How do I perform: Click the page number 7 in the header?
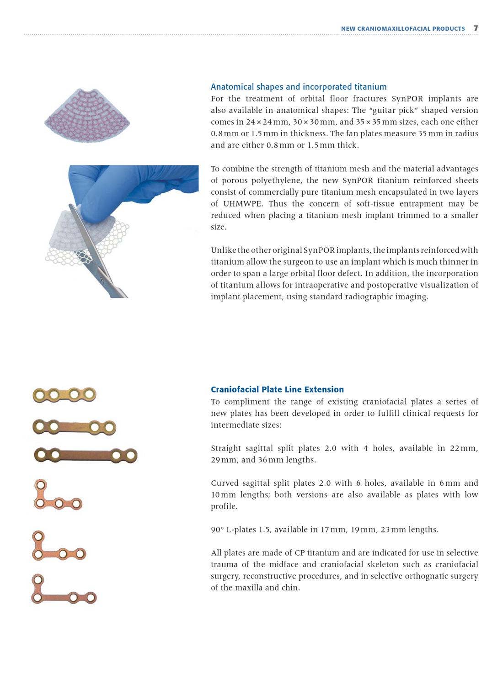point(476,28)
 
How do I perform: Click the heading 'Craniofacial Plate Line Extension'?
point(277,389)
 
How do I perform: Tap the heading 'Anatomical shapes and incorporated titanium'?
point(299,87)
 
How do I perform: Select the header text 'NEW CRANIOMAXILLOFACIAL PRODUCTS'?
point(403,29)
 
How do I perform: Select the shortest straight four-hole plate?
point(64,394)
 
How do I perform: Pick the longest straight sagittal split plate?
point(86,455)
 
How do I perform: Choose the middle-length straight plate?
point(75,427)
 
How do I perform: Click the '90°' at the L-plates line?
point(217,530)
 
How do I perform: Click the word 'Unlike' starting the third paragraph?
point(223,250)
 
